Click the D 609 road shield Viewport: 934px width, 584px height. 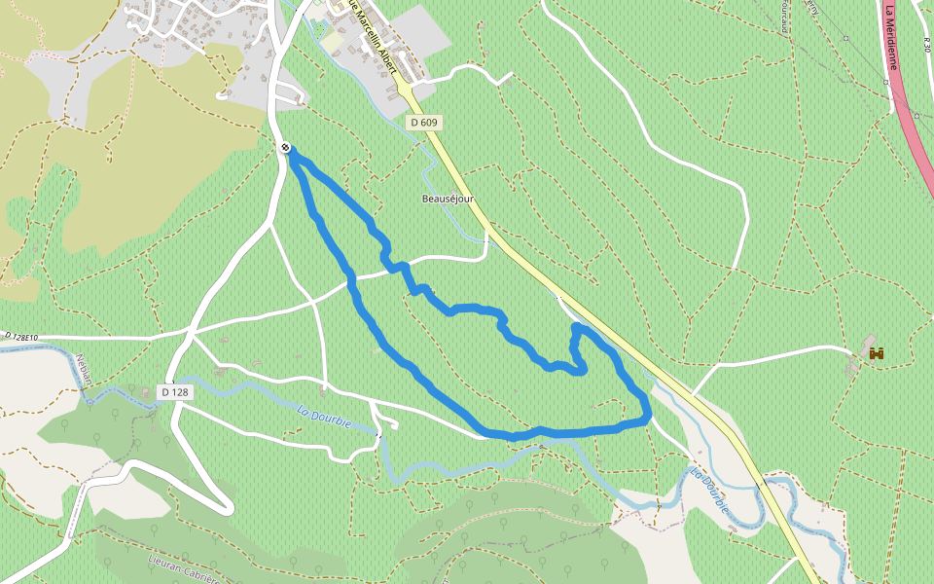click(x=424, y=123)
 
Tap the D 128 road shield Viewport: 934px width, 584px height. click(x=175, y=391)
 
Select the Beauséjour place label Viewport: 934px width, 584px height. click(x=448, y=199)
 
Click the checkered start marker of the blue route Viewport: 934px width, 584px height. click(x=285, y=147)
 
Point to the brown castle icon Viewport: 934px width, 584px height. click(x=876, y=353)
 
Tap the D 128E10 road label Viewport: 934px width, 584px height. click(x=20, y=337)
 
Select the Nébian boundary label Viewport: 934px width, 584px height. click(x=82, y=370)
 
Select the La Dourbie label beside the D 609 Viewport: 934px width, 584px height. click(x=710, y=493)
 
